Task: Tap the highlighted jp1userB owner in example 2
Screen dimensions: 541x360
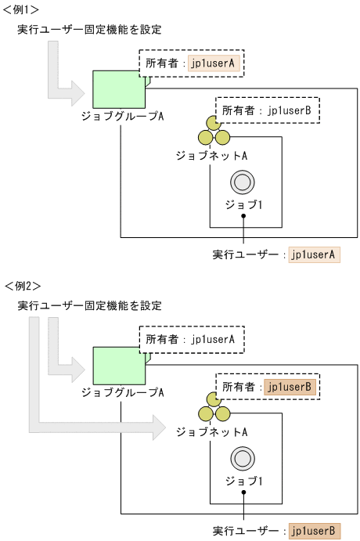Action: pos(290,386)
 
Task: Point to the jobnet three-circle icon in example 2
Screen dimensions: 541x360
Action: pos(214,409)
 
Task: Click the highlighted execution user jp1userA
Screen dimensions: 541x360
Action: pos(314,254)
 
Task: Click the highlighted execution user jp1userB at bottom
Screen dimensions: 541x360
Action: pos(314,531)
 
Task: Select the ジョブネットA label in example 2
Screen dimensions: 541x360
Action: pos(212,431)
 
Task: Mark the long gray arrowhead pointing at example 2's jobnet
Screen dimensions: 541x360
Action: pos(159,427)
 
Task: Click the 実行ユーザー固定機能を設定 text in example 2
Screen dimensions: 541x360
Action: pos(89,305)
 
